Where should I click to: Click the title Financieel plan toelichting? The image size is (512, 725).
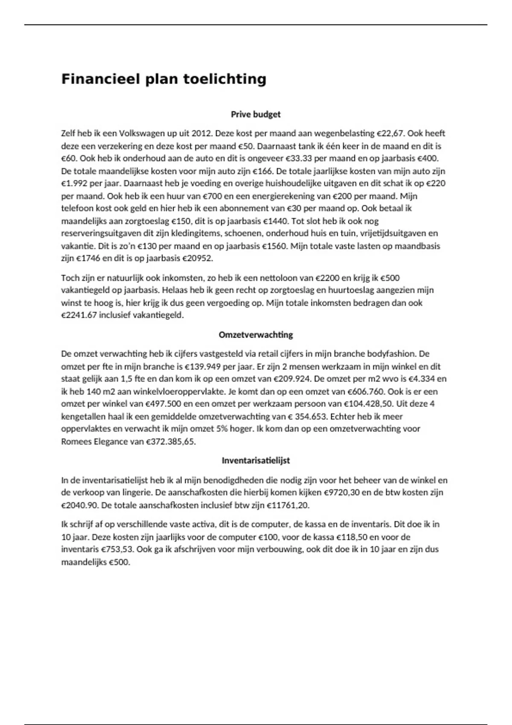(x=164, y=79)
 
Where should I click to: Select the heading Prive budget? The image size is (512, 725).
(x=256, y=114)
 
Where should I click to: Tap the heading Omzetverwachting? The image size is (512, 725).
(x=256, y=335)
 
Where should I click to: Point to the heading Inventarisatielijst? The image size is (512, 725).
(x=256, y=461)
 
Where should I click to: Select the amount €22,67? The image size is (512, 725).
(x=390, y=133)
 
